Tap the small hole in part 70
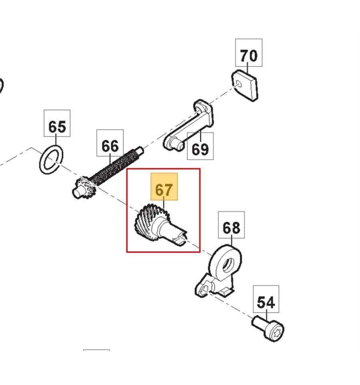coord(239,84)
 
